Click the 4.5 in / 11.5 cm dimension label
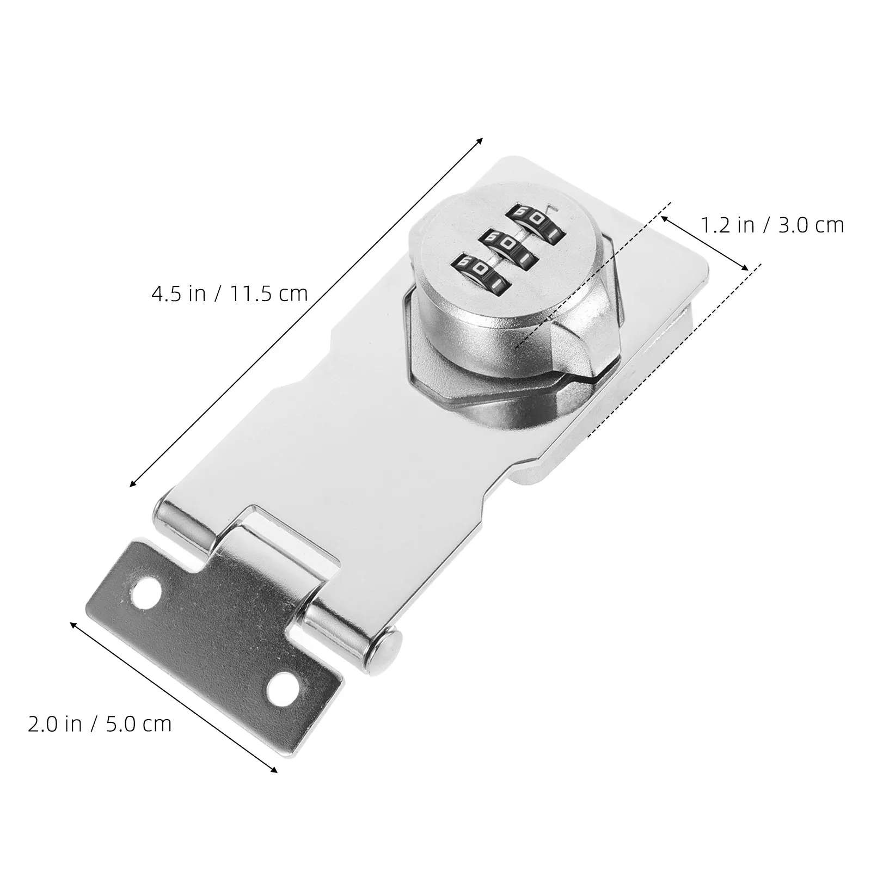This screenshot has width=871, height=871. pos(229,294)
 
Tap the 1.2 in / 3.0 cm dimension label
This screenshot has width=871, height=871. pos(771,225)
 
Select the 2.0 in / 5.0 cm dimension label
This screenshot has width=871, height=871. pos(100,723)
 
